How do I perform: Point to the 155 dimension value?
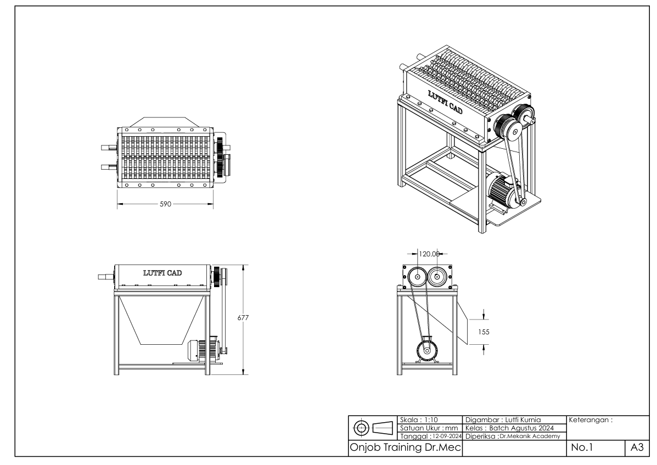[x=484, y=332]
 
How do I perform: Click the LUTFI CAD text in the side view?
[x=162, y=273]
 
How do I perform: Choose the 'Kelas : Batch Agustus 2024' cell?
[x=509, y=428]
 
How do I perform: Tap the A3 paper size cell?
[x=637, y=448]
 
